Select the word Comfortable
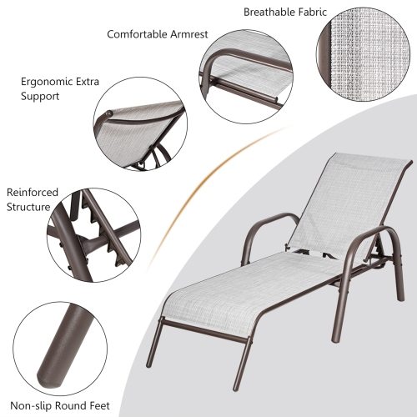coord(137,34)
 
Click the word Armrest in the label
coord(189,34)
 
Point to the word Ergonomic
coord(48,82)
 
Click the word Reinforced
coord(33,193)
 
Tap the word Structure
coord(28,207)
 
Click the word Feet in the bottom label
coord(100,406)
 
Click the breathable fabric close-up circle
coord(364,54)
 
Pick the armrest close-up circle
coord(246,77)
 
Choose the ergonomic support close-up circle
coord(140,124)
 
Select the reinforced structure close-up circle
coord(94,235)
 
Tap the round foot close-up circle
coord(60,349)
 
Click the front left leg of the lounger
coord(153,344)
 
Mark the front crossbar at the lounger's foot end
coord(203,331)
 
